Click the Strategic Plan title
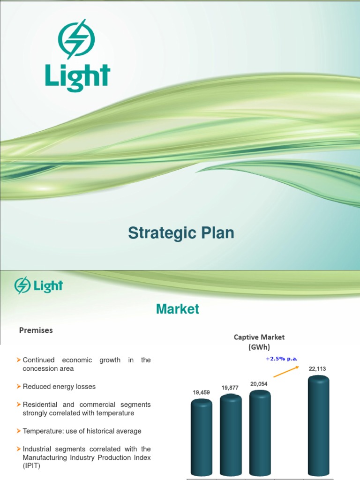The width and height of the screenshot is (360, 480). click(181, 233)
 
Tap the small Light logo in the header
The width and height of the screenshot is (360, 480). click(38, 285)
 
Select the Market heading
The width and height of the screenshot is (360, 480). click(178, 309)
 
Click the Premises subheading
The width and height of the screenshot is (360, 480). click(36, 330)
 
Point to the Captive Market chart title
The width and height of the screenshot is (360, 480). click(259, 337)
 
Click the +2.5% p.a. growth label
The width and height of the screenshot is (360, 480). click(282, 359)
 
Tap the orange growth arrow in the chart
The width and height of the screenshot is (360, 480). click(286, 371)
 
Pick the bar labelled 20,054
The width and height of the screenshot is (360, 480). click(260, 432)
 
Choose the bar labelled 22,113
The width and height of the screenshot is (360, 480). click(318, 424)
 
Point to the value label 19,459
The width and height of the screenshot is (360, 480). click(201, 392)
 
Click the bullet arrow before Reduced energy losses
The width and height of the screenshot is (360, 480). click(19, 386)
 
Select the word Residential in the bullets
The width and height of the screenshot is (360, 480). click(42, 404)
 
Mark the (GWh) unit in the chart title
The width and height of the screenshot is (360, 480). click(259, 346)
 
